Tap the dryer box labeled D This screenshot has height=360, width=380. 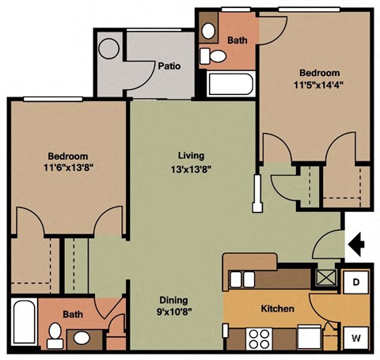pyautogui.click(x=356, y=282)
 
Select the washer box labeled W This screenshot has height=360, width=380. pyautogui.click(x=356, y=338)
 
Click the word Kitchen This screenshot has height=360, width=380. pyautogui.click(x=278, y=309)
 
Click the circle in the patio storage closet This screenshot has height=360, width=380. pyautogui.click(x=108, y=47)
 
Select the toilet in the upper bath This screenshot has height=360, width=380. pyautogui.click(x=211, y=55)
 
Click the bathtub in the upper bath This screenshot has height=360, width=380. pyautogui.click(x=230, y=83)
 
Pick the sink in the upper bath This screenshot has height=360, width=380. pyautogui.click(x=209, y=30)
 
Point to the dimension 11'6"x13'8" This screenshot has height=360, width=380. pyautogui.click(x=66, y=168)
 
